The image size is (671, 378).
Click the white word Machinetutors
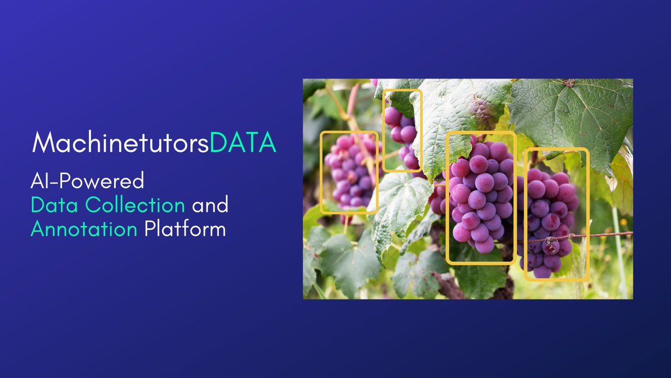tap(121, 143)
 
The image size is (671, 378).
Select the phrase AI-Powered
tap(88, 181)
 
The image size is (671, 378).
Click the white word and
tap(210, 206)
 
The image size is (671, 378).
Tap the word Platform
tap(185, 229)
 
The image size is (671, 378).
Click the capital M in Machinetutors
tap(43, 143)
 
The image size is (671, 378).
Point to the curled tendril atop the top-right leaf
tap(569, 83)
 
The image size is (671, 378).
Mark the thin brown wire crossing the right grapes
tap(604, 235)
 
